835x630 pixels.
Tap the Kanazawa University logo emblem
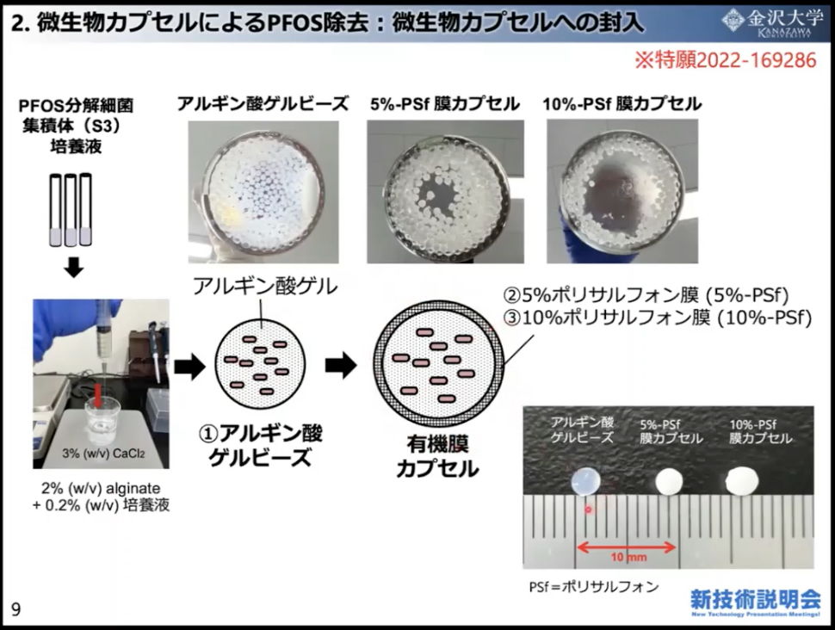point(733,21)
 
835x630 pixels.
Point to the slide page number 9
point(16,609)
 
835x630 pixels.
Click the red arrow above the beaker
point(98,396)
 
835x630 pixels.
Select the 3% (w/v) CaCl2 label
point(103,454)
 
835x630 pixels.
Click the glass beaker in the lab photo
point(102,423)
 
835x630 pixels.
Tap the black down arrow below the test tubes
point(73,268)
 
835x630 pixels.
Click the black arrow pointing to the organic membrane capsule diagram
point(342,365)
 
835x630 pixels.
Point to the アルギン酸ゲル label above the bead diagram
point(264,287)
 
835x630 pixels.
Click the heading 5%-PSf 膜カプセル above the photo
point(445,104)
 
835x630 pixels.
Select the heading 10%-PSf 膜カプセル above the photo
point(622,104)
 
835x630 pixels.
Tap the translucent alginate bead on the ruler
point(585,481)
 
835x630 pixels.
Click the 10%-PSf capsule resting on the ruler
point(742,480)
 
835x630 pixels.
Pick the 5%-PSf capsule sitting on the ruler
point(669,481)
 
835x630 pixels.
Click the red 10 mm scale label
point(628,557)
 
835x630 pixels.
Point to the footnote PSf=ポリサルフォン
point(594,587)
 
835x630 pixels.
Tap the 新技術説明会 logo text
point(756,599)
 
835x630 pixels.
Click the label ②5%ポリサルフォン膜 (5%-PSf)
point(646,294)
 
